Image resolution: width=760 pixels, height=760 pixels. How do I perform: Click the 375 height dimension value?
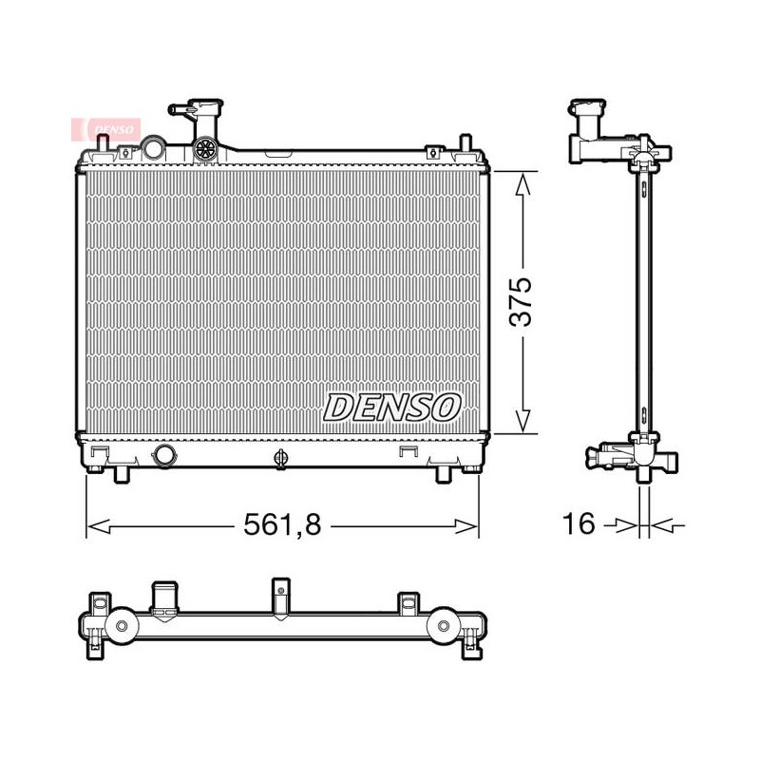point(521,301)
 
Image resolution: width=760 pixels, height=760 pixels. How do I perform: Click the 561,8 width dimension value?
point(282,524)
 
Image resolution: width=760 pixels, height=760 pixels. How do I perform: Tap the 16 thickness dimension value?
point(579,523)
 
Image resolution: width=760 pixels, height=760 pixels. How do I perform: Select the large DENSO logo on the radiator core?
point(391,408)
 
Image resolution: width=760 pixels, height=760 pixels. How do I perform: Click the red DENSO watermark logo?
point(106,129)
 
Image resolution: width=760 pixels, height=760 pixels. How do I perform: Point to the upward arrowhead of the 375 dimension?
point(522,183)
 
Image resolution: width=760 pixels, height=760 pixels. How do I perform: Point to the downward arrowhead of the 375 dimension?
point(522,421)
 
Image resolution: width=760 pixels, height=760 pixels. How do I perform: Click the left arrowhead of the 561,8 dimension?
point(99,526)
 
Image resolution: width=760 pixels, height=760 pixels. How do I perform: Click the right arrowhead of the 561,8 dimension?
point(466,526)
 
